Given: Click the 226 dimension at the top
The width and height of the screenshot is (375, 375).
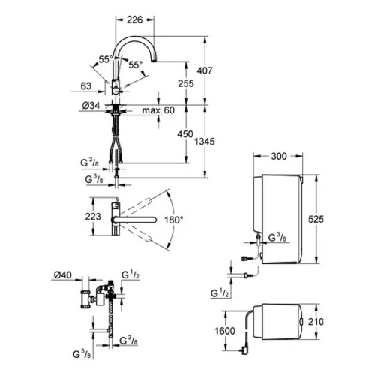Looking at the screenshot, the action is click(x=134, y=19).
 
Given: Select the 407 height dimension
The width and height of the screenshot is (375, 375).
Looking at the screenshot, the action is click(x=205, y=70).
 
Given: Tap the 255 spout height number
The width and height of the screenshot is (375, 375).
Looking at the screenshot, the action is click(x=186, y=83).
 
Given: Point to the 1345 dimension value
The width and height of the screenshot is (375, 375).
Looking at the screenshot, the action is click(x=205, y=142).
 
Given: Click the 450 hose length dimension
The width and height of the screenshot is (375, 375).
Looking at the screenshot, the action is click(x=185, y=134).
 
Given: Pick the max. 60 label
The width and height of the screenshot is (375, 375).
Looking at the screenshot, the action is click(x=158, y=110).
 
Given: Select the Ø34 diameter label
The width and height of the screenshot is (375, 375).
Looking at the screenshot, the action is click(x=91, y=106).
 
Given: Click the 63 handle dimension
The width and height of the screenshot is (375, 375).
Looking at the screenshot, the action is click(x=86, y=86).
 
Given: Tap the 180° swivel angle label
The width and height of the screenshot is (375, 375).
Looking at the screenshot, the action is click(x=173, y=220).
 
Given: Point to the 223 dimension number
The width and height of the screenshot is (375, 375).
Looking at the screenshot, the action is click(x=93, y=217).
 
